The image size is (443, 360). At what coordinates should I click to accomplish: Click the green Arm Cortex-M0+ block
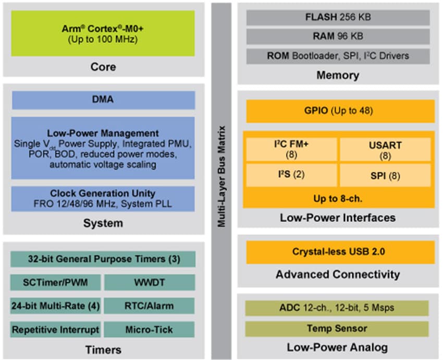[103, 33]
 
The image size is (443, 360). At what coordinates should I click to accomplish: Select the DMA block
[103, 100]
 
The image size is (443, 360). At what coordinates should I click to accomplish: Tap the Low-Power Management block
[103, 149]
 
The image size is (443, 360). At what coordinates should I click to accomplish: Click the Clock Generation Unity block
[103, 199]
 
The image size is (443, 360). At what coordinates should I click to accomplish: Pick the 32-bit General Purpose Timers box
[103, 259]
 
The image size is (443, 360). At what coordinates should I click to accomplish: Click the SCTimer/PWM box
[55, 283]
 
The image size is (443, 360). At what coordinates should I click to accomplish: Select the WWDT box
[149, 283]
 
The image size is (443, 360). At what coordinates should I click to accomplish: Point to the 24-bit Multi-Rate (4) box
[55, 306]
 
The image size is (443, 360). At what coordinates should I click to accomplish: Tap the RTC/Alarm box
[149, 306]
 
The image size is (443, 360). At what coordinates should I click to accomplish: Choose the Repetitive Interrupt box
[55, 329]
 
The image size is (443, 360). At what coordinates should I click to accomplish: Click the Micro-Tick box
[149, 329]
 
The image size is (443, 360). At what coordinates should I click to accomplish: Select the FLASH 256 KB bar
[338, 17]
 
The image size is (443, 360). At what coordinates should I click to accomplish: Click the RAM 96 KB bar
[338, 36]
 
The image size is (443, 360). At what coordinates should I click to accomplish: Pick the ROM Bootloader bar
[338, 55]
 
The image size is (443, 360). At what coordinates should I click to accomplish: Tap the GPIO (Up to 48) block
[339, 111]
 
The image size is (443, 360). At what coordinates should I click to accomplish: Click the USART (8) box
[386, 149]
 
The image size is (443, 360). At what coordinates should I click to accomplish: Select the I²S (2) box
[291, 175]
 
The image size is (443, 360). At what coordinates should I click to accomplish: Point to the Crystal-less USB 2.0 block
[339, 252]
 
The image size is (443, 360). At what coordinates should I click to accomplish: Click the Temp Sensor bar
[337, 329]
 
